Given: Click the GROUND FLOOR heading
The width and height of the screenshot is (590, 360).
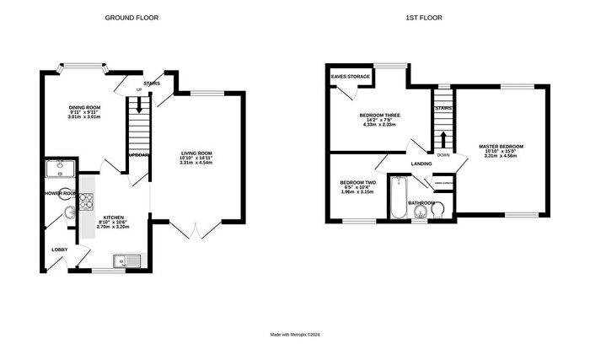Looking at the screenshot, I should [131, 18].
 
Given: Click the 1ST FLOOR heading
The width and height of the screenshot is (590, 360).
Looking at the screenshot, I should [425, 18].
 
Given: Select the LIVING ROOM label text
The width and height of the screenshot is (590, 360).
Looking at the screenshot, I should [196, 153].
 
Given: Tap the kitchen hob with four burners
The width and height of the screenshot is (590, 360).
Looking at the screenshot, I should [86, 201].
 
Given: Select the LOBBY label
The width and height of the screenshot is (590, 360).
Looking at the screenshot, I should [60, 250].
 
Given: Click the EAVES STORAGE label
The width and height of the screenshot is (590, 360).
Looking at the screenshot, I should [350, 77].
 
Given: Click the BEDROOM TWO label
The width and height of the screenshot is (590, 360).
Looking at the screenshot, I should [357, 183].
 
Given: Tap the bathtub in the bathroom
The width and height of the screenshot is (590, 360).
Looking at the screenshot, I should [400, 198].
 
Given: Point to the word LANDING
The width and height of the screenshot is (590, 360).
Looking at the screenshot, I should [421, 164].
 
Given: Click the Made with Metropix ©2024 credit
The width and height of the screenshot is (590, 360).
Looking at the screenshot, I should [295, 335].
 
